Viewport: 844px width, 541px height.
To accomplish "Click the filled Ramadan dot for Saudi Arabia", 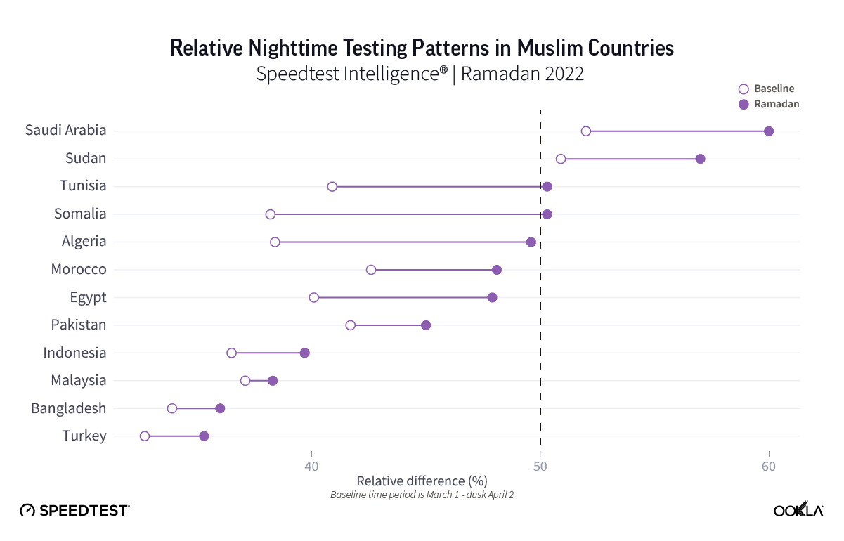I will click(x=769, y=131).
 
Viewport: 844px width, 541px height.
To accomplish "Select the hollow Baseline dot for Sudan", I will click(x=561, y=159).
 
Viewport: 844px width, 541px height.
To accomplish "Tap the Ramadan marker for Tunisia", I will click(x=547, y=186).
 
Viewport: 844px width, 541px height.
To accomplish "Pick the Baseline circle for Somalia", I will click(x=271, y=214).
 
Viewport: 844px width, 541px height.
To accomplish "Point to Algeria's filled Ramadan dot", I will click(x=531, y=242).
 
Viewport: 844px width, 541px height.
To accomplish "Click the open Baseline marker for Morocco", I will click(x=371, y=270).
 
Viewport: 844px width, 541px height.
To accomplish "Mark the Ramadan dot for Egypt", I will click(x=492, y=297).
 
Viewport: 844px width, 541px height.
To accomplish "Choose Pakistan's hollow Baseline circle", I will click(x=351, y=325).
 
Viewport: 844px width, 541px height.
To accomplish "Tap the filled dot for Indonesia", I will click(x=304, y=353).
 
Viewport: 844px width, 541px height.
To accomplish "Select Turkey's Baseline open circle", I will click(x=145, y=436).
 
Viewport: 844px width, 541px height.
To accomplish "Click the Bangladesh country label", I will click(x=69, y=408).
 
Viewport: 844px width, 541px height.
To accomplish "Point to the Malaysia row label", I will click(x=79, y=380).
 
